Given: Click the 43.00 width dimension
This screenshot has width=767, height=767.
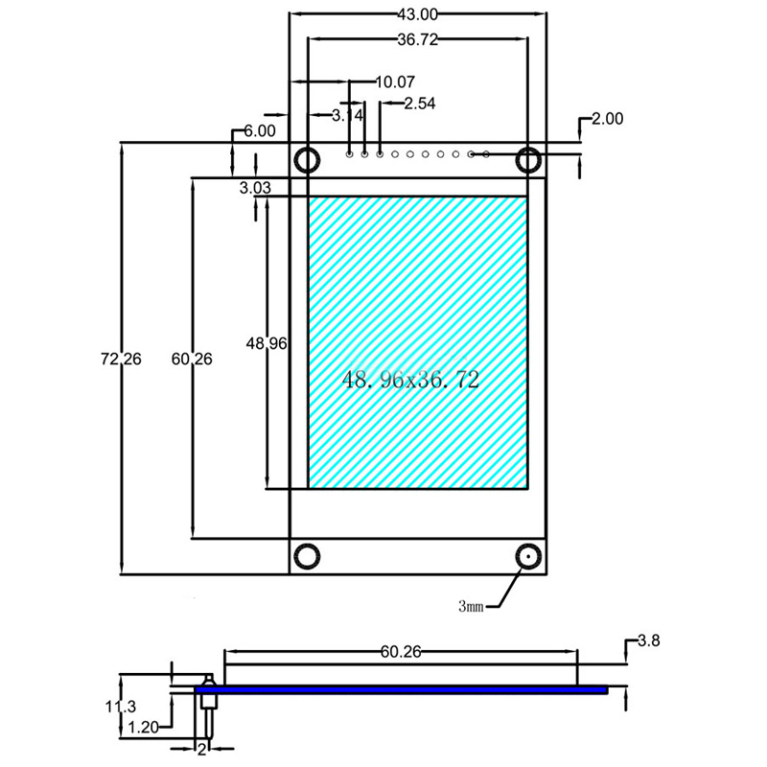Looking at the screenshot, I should pyautogui.click(x=417, y=13).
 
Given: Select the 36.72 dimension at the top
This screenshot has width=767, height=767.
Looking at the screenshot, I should pyautogui.click(x=417, y=39).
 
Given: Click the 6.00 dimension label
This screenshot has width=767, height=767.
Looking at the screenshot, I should pyautogui.click(x=259, y=131).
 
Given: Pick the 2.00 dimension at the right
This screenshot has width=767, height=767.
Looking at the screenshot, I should pyautogui.click(x=607, y=119).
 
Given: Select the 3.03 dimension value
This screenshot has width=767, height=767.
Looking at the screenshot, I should pyautogui.click(x=256, y=188).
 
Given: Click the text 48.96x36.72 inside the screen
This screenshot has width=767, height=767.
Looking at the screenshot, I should pyautogui.click(x=410, y=380).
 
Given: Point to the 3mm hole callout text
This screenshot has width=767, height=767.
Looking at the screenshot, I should pyautogui.click(x=472, y=606).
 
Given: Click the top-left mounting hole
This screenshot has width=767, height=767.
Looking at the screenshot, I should pyautogui.click(x=307, y=159).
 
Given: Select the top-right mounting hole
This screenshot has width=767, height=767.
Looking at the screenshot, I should pyautogui.click(x=528, y=159).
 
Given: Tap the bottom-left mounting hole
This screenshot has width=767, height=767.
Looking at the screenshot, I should pyautogui.click(x=307, y=555).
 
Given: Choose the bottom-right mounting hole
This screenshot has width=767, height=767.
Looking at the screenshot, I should pyautogui.click(x=528, y=556).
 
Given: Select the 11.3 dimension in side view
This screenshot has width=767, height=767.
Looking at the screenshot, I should pyautogui.click(x=121, y=707).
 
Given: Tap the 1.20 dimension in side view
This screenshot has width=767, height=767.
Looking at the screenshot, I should pyautogui.click(x=143, y=728).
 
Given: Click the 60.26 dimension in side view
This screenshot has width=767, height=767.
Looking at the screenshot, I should pyautogui.click(x=401, y=652).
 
